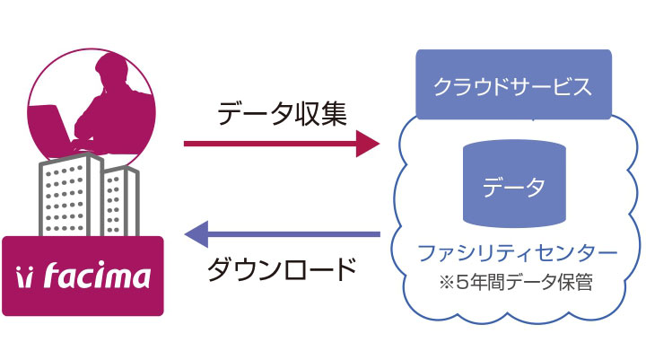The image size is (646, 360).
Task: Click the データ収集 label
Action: pyautogui.click(x=282, y=113)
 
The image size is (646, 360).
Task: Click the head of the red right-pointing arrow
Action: pyautogui.click(x=368, y=144)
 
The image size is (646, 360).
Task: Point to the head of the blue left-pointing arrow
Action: pyautogui.click(x=196, y=234)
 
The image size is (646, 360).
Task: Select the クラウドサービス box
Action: pyautogui.click(x=513, y=84)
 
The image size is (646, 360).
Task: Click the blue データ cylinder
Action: pyautogui.click(x=514, y=183)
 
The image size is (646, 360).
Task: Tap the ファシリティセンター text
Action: pyautogui.click(x=518, y=253)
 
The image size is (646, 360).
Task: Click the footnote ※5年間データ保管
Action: pyautogui.click(x=516, y=283)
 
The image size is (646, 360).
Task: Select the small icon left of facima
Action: pyautogui.click(x=23, y=277)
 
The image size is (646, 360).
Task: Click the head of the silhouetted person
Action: pyautogui.click(x=111, y=69)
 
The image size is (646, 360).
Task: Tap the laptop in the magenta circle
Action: pyautogui.click(x=49, y=127)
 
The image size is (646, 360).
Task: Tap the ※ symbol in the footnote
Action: pyautogui.click(x=447, y=283)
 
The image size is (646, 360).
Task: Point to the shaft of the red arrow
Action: pyautogui.click(x=270, y=144)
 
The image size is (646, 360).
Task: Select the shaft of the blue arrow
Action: pyautogui.click(x=293, y=234)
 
